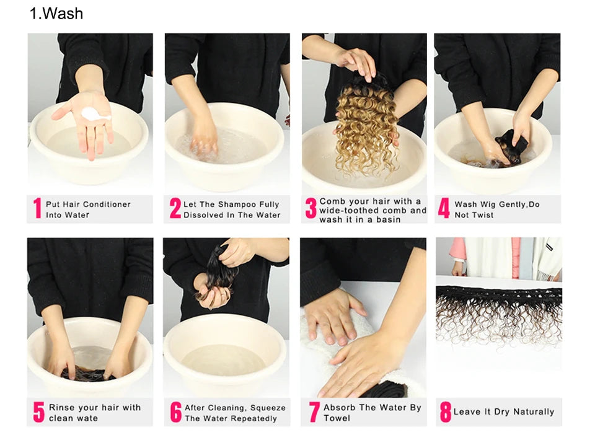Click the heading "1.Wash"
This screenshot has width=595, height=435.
pos(56,14)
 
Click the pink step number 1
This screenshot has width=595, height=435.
pos(37,208)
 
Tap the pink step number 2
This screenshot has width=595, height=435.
pos(175,208)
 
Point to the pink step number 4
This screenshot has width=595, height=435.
pos(444,208)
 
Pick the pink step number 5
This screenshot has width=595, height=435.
pos(38,412)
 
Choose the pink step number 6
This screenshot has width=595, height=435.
pos(175,412)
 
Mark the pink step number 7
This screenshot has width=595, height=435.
pos(314,412)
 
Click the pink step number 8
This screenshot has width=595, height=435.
pos(446,412)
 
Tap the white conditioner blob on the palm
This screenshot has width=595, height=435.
pos(94,114)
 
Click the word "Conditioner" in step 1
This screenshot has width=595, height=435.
pos(107,204)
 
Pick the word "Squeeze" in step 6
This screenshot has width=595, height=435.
pos(268,408)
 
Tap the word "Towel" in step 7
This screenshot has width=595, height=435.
pos(337,418)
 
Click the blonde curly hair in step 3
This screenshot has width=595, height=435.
pos(366,129)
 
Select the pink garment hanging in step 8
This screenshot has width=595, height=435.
pos(516,258)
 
